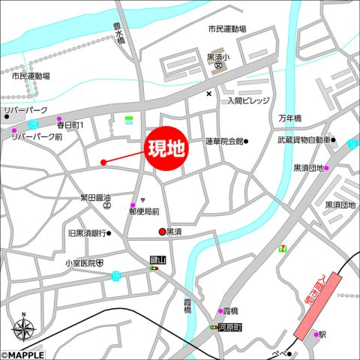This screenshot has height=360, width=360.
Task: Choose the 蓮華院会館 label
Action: pos(224,141)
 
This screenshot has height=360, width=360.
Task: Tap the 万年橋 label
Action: pos(289,118)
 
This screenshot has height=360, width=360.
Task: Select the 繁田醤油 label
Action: pos(95,198)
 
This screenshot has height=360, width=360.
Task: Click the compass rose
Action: pos(23,328)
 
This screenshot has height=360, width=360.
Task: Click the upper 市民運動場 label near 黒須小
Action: pos(227,28)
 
